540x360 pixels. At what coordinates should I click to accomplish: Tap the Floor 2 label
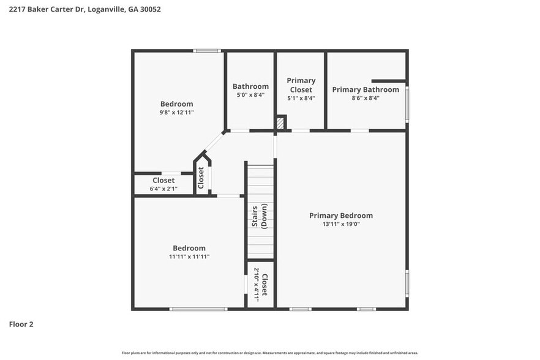21,324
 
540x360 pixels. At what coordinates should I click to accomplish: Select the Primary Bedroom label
340,216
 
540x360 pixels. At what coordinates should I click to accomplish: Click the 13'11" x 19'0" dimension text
340,224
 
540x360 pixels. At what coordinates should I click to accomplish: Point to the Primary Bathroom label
366,89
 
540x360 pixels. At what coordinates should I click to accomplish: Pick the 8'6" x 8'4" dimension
366,98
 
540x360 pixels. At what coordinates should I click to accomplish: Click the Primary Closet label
301,85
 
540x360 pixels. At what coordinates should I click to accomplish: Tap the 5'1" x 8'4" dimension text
301,98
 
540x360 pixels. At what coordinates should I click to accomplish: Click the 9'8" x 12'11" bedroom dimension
176,113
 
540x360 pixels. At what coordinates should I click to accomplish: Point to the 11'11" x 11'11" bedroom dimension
189,257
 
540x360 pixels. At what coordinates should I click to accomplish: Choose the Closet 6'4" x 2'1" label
163,184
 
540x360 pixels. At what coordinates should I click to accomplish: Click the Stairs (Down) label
260,216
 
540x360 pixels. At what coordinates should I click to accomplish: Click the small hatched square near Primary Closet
280,124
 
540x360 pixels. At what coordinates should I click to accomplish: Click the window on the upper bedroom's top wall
207,51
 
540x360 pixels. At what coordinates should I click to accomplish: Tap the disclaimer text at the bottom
269,353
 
